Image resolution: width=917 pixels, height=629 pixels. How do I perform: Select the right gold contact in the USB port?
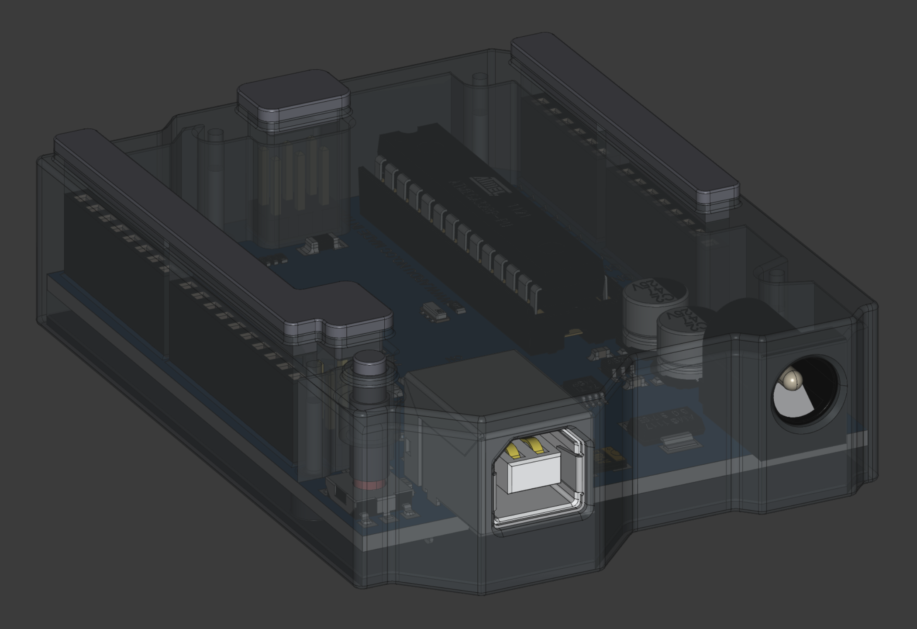[535, 446]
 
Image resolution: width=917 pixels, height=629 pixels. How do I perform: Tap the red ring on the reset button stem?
[370, 484]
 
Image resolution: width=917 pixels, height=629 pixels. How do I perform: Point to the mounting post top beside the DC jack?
[776, 274]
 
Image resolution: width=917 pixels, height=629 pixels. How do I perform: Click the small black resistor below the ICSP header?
[317, 245]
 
